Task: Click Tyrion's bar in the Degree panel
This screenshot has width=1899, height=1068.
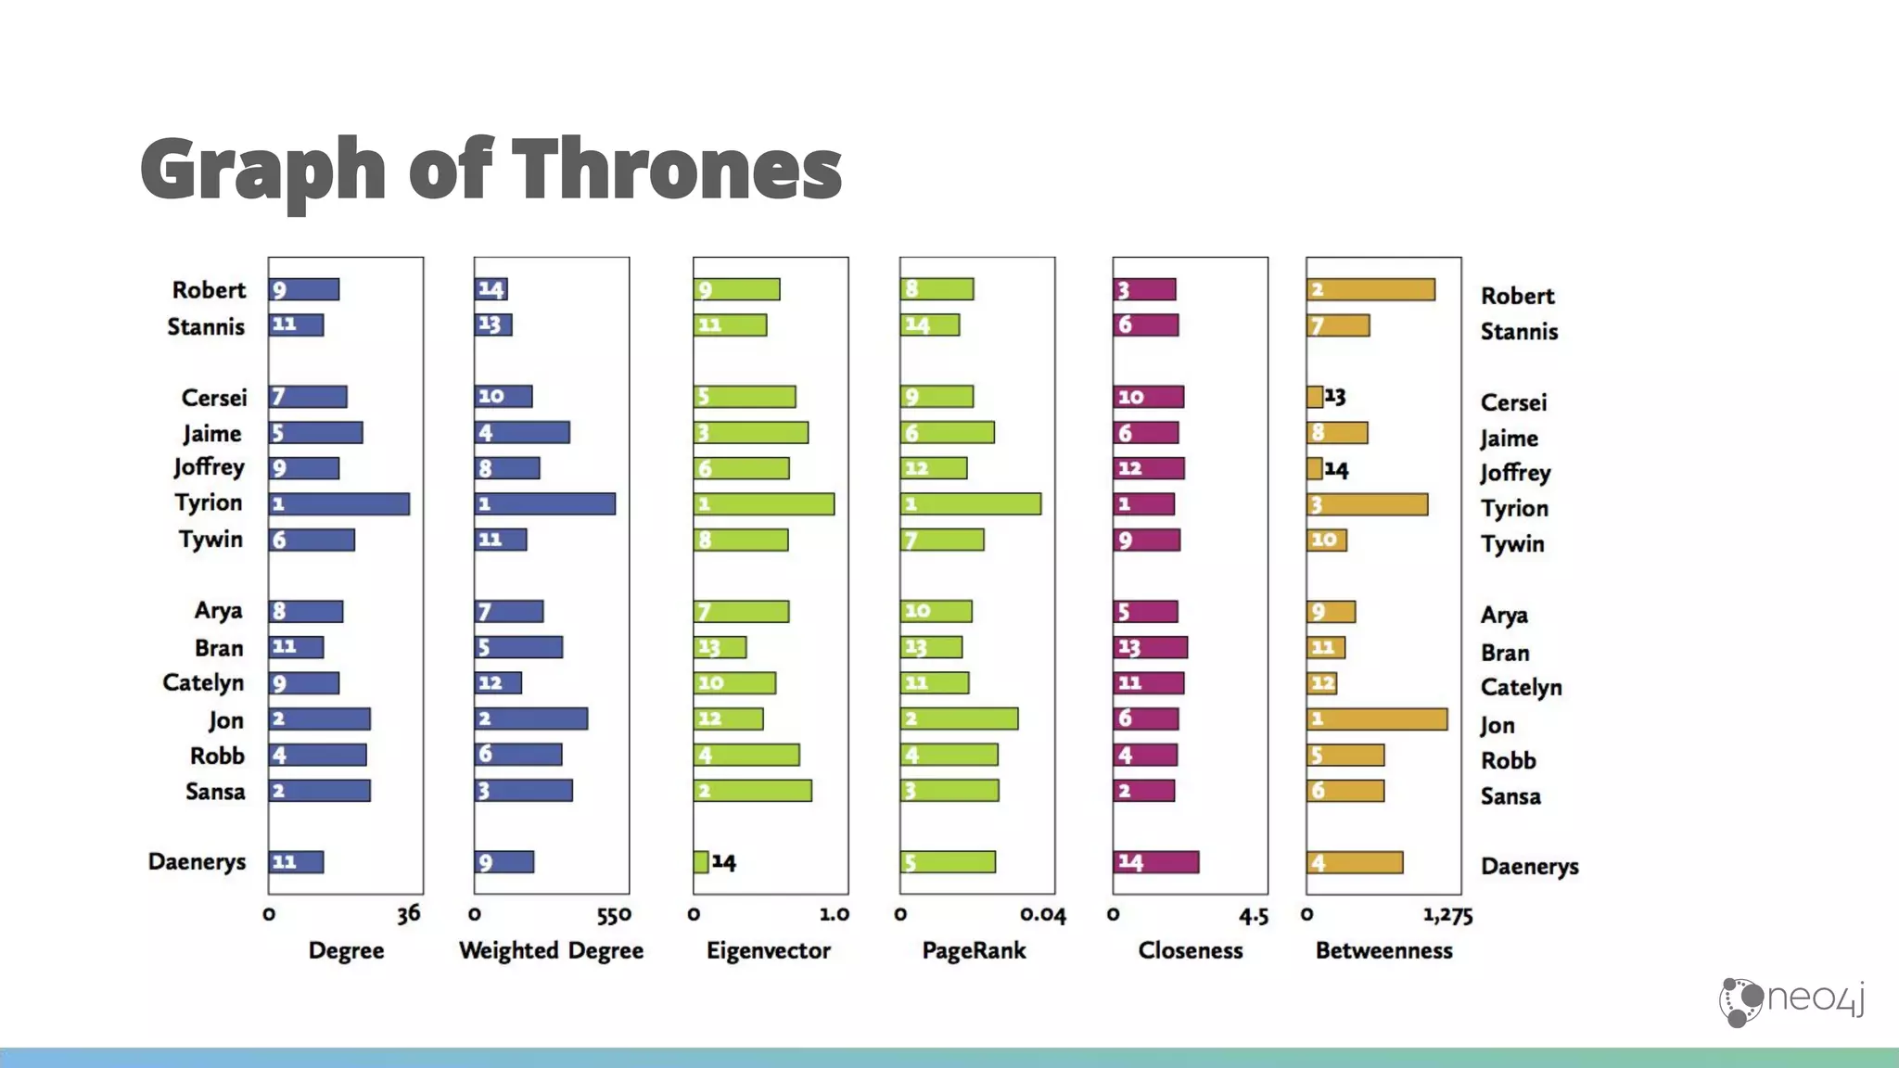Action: tap(339, 503)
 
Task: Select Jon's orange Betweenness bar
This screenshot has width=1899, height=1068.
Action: tap(1377, 718)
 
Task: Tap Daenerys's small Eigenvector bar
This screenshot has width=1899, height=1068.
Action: tap(701, 861)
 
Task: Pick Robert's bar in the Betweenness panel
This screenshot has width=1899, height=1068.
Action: tap(1370, 289)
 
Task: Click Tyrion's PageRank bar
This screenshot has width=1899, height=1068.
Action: tap(970, 503)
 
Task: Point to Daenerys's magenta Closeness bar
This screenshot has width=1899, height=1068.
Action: tap(1156, 861)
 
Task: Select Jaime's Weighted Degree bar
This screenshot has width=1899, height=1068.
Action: tap(522, 432)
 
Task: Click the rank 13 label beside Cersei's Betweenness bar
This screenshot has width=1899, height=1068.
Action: tap(1335, 397)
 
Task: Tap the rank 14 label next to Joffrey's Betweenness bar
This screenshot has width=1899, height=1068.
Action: tap(1336, 469)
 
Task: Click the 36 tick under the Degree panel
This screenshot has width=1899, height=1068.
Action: tap(409, 914)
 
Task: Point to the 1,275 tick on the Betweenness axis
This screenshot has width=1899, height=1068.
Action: tap(1447, 916)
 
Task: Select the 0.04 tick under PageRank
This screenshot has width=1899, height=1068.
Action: tap(1043, 915)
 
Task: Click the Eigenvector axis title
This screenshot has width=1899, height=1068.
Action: tap(769, 950)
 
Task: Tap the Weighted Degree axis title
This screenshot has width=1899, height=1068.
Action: tap(551, 950)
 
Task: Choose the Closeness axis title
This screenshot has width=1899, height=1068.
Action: tap(1191, 950)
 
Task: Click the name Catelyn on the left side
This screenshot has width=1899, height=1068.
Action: tap(203, 683)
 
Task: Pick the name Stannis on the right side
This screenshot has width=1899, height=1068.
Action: tap(1519, 331)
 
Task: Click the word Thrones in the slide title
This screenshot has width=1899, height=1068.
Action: tap(677, 169)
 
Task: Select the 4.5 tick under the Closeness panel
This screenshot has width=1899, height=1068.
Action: tap(1254, 916)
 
